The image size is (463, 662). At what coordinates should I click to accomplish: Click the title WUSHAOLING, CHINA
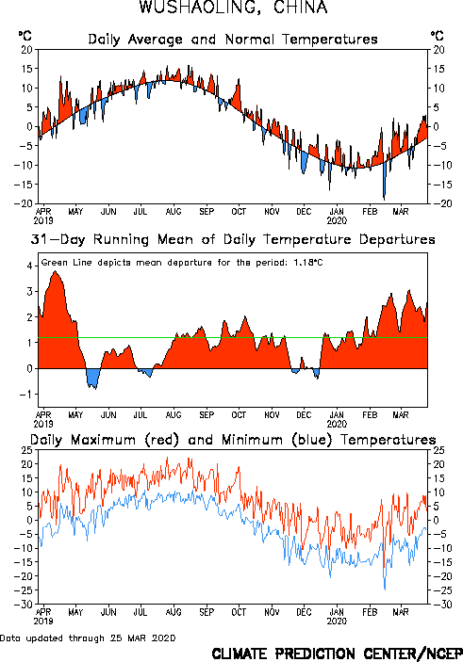pyautogui.click(x=233, y=8)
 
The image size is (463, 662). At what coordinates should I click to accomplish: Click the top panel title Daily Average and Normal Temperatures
pyautogui.click(x=233, y=40)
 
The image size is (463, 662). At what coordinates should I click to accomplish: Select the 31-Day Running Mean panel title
pyautogui.click(x=233, y=239)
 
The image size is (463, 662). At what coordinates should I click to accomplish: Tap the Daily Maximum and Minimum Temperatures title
pyautogui.click(x=233, y=440)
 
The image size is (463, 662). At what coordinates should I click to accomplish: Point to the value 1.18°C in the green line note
pyautogui.click(x=308, y=262)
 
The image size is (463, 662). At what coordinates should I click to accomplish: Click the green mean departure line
pyautogui.click(x=233, y=338)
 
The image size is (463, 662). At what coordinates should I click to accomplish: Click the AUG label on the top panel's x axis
pyautogui.click(x=174, y=212)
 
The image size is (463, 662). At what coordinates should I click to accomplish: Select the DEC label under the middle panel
pyautogui.click(x=304, y=415)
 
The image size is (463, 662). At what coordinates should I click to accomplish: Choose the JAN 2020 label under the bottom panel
pyautogui.click(x=337, y=617)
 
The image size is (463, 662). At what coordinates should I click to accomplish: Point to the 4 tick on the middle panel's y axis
pyautogui.click(x=29, y=266)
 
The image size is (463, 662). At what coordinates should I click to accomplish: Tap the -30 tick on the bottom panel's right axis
pyautogui.click(x=438, y=605)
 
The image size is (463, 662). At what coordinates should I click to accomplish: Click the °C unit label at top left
pyautogui.click(x=25, y=36)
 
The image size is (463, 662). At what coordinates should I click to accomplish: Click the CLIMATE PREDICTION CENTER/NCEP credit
pyautogui.click(x=337, y=654)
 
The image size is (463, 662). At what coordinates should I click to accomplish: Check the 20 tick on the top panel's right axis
pyautogui.click(x=438, y=50)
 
